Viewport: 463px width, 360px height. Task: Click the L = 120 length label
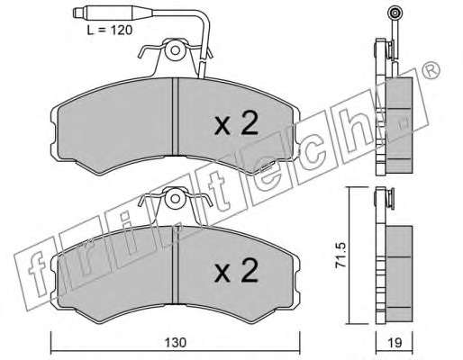[110, 30]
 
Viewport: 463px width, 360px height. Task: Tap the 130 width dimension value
[176, 342]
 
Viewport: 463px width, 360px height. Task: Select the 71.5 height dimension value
[341, 256]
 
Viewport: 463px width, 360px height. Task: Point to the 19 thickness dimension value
[395, 342]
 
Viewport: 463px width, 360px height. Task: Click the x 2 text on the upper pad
[236, 123]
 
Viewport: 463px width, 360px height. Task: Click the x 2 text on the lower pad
[236, 271]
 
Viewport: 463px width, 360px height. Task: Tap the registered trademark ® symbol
[431, 71]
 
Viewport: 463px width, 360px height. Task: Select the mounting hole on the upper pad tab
[175, 50]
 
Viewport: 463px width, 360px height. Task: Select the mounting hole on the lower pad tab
[175, 198]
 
